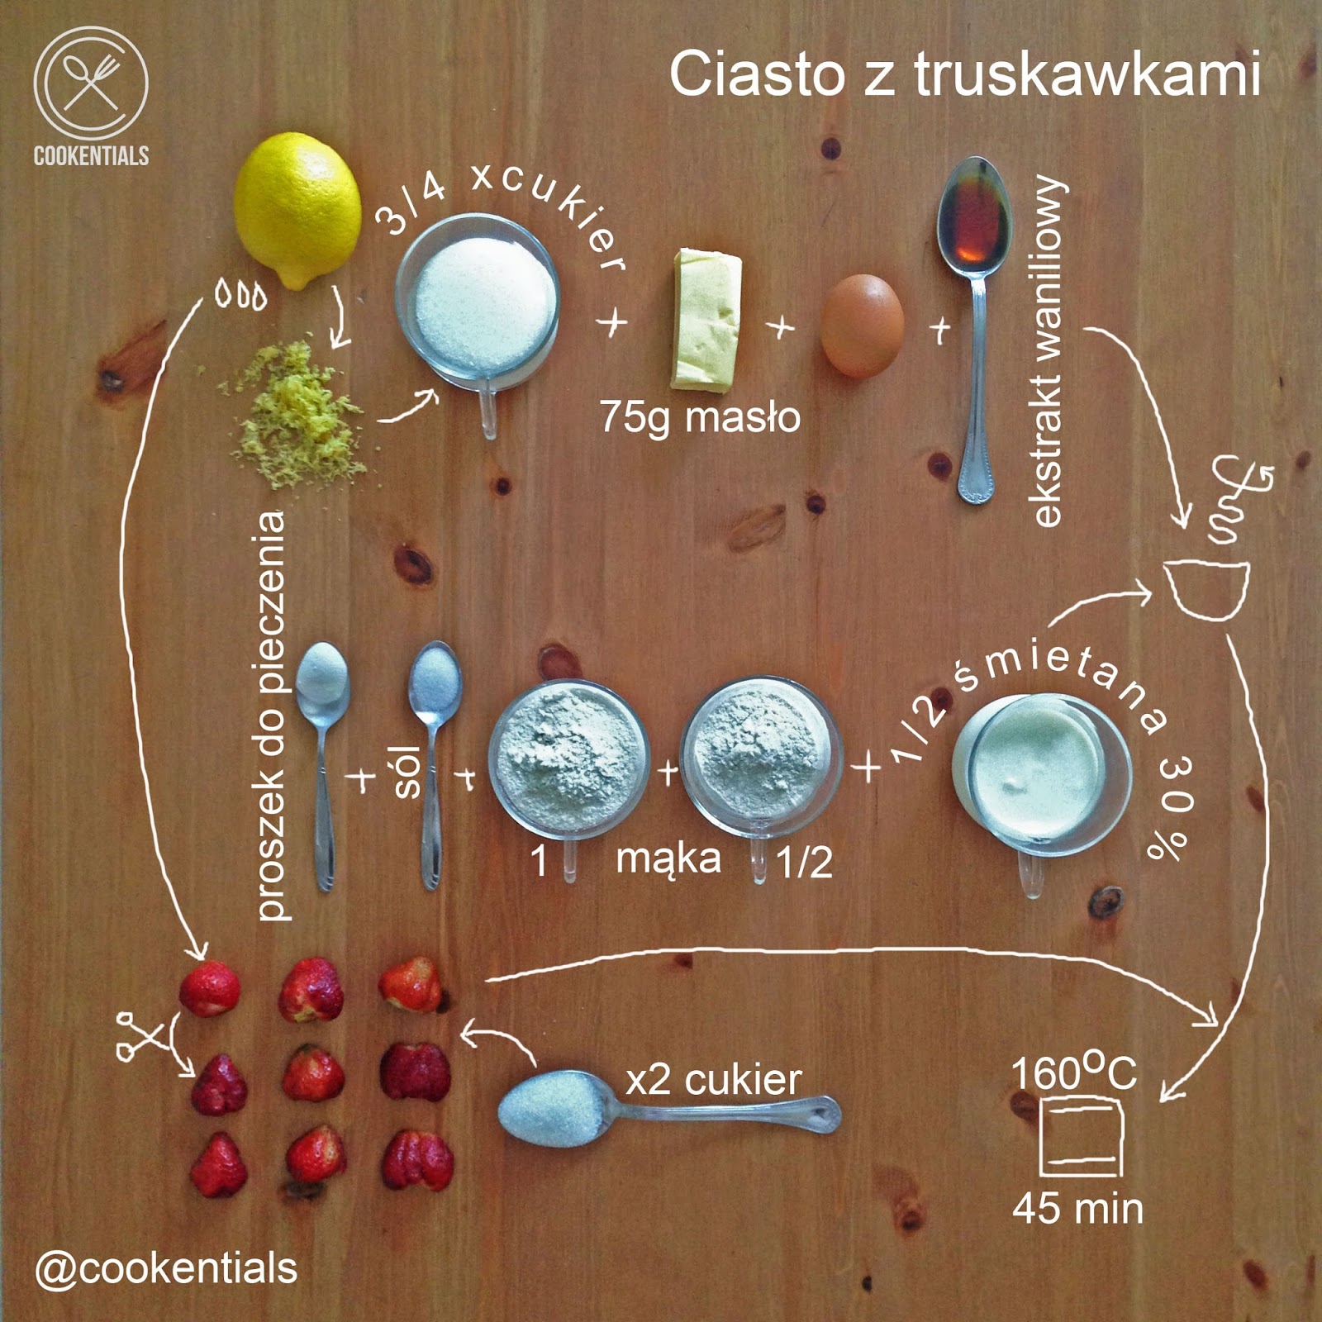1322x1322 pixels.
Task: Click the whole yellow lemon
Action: click(297, 210)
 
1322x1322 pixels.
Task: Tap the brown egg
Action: click(862, 326)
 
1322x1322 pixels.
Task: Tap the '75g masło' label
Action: click(700, 416)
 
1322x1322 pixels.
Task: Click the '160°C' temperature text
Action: click(1074, 1072)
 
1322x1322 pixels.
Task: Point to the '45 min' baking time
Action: click(1077, 1208)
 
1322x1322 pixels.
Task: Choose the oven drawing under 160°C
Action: click(1081, 1135)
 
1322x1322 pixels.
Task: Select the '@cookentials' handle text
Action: click(165, 1268)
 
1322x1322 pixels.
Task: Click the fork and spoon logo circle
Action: click(91, 83)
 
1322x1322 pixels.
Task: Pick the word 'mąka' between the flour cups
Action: click(668, 859)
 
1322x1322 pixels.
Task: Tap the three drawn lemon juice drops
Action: click(240, 295)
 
